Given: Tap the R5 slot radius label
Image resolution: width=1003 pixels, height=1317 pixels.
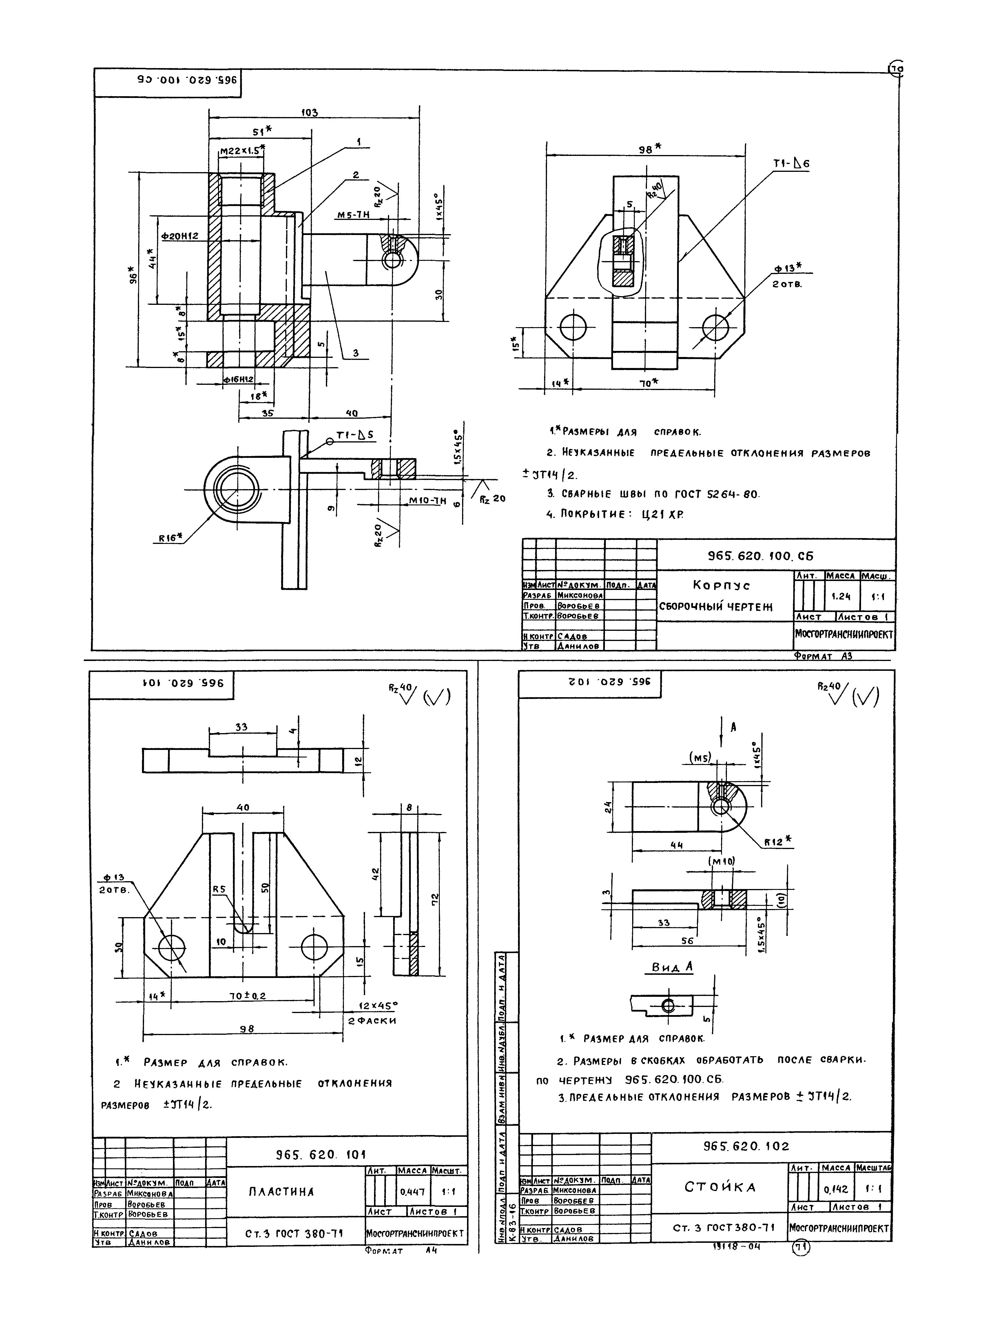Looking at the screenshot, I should pyautogui.click(x=219, y=889).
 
